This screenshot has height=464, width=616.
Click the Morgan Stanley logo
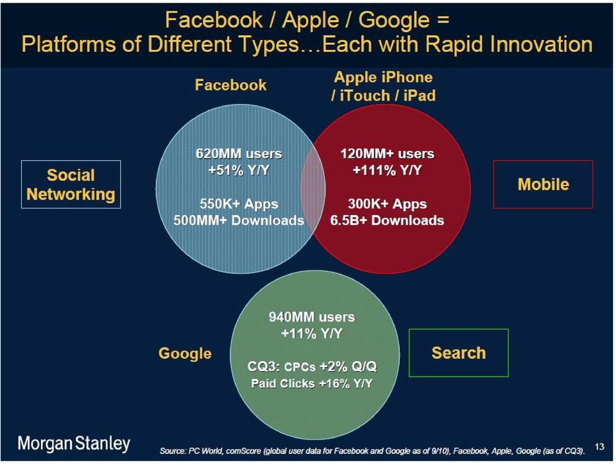pos(74,443)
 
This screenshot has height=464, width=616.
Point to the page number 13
pos(599,447)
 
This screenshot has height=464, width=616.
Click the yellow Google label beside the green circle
pos(185,354)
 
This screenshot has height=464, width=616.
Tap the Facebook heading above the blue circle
pos(230,85)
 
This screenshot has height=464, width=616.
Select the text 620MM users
pos(239,153)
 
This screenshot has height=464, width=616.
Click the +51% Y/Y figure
pos(239,171)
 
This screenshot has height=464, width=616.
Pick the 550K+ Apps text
pos(239,204)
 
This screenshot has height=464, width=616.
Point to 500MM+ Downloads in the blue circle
pos(239,220)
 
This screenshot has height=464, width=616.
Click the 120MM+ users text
pos(388,153)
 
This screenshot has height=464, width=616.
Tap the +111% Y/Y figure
pos(388,171)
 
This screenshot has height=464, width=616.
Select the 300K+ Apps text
pos(388,204)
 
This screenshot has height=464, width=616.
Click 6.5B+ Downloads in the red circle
pos(388,220)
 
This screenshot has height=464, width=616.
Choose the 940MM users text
pos(312,317)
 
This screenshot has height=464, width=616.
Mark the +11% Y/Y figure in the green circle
pos(312,334)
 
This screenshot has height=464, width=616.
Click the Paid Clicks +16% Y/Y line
pos(312,384)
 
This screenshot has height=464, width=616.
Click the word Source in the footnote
pos(172,451)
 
